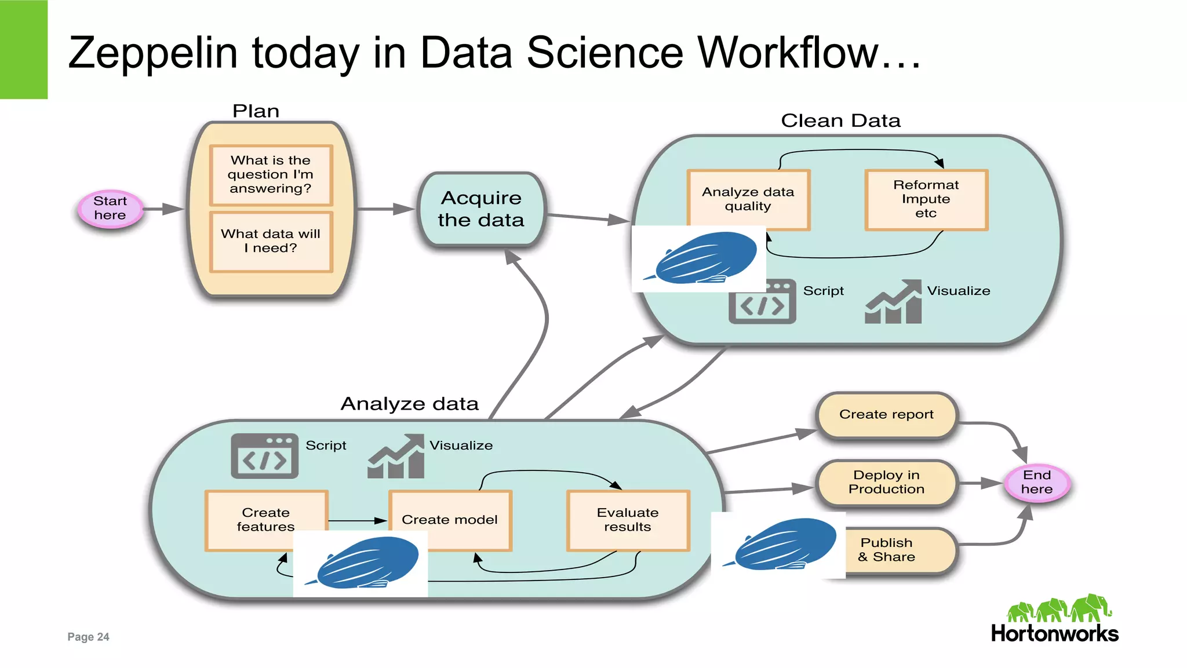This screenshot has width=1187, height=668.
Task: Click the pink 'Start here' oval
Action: coord(110,209)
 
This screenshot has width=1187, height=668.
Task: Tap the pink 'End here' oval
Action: coord(1037,482)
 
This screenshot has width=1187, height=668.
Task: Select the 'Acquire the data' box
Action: coord(481,209)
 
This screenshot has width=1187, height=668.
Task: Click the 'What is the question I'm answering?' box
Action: coord(271,174)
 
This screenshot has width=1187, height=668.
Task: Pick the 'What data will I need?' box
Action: coord(271,241)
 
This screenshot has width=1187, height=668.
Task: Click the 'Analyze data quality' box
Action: coord(748,199)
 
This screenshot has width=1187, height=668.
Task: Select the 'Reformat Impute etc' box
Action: coord(926,199)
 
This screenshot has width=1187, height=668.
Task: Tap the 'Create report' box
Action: coord(886,415)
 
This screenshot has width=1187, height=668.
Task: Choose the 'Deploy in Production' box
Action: coord(886,482)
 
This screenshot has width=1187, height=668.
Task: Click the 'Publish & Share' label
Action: coord(887,550)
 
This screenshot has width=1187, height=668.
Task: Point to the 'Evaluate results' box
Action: coord(628,520)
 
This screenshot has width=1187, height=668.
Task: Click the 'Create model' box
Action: coord(450,520)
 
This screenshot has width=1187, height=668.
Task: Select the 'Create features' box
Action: coord(266,520)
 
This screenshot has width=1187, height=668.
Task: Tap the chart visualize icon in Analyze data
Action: coord(396,457)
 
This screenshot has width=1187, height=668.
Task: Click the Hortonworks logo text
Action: coord(1054,633)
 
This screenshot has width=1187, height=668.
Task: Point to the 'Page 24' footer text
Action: coord(88,637)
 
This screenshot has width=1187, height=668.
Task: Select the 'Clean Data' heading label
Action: coord(840,121)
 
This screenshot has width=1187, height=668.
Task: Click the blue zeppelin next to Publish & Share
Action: coord(782,545)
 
